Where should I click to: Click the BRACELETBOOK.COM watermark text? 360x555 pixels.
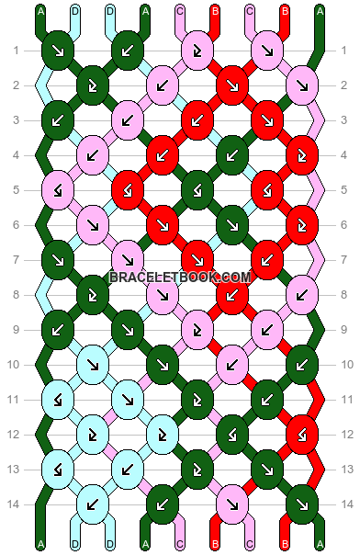tap(180, 277)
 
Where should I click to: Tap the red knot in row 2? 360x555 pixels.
tap(231, 85)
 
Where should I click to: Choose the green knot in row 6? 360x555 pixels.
tap(231, 221)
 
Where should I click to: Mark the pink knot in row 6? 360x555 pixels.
tap(92, 221)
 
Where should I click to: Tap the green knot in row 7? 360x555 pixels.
tap(57, 256)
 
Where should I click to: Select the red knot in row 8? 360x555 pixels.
tap(231, 295)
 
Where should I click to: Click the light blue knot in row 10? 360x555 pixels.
tap(92, 364)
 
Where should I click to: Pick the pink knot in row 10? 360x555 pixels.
tap(231, 364)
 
